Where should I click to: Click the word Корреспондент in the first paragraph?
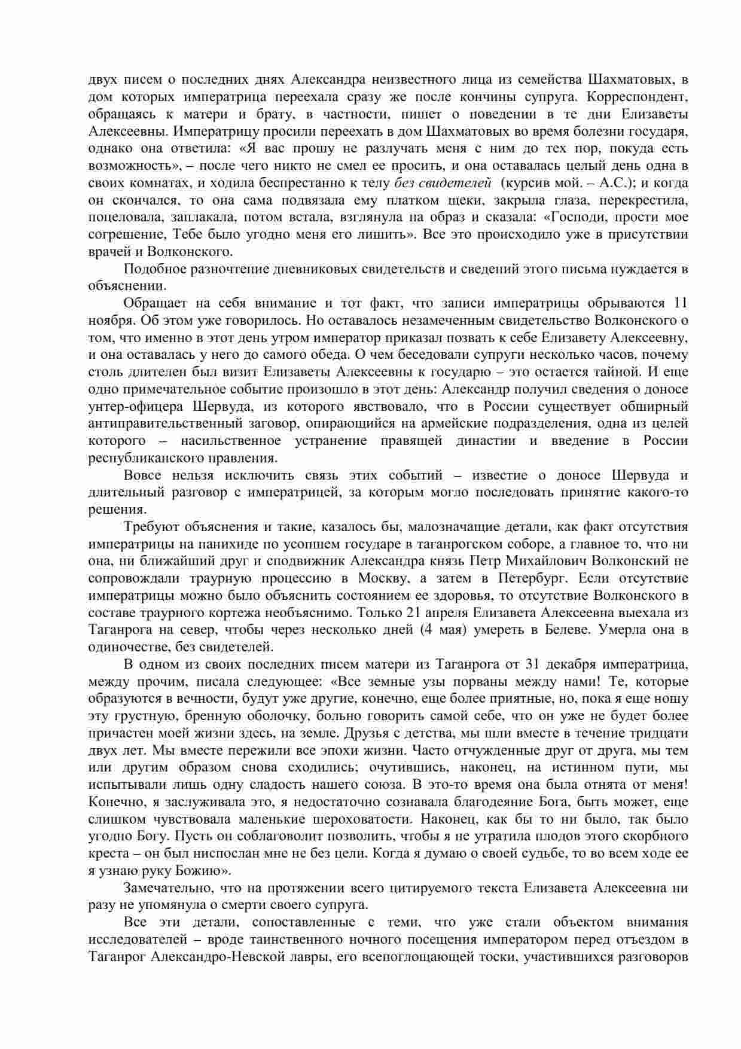[639, 96]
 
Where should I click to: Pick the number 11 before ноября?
[680, 303]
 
